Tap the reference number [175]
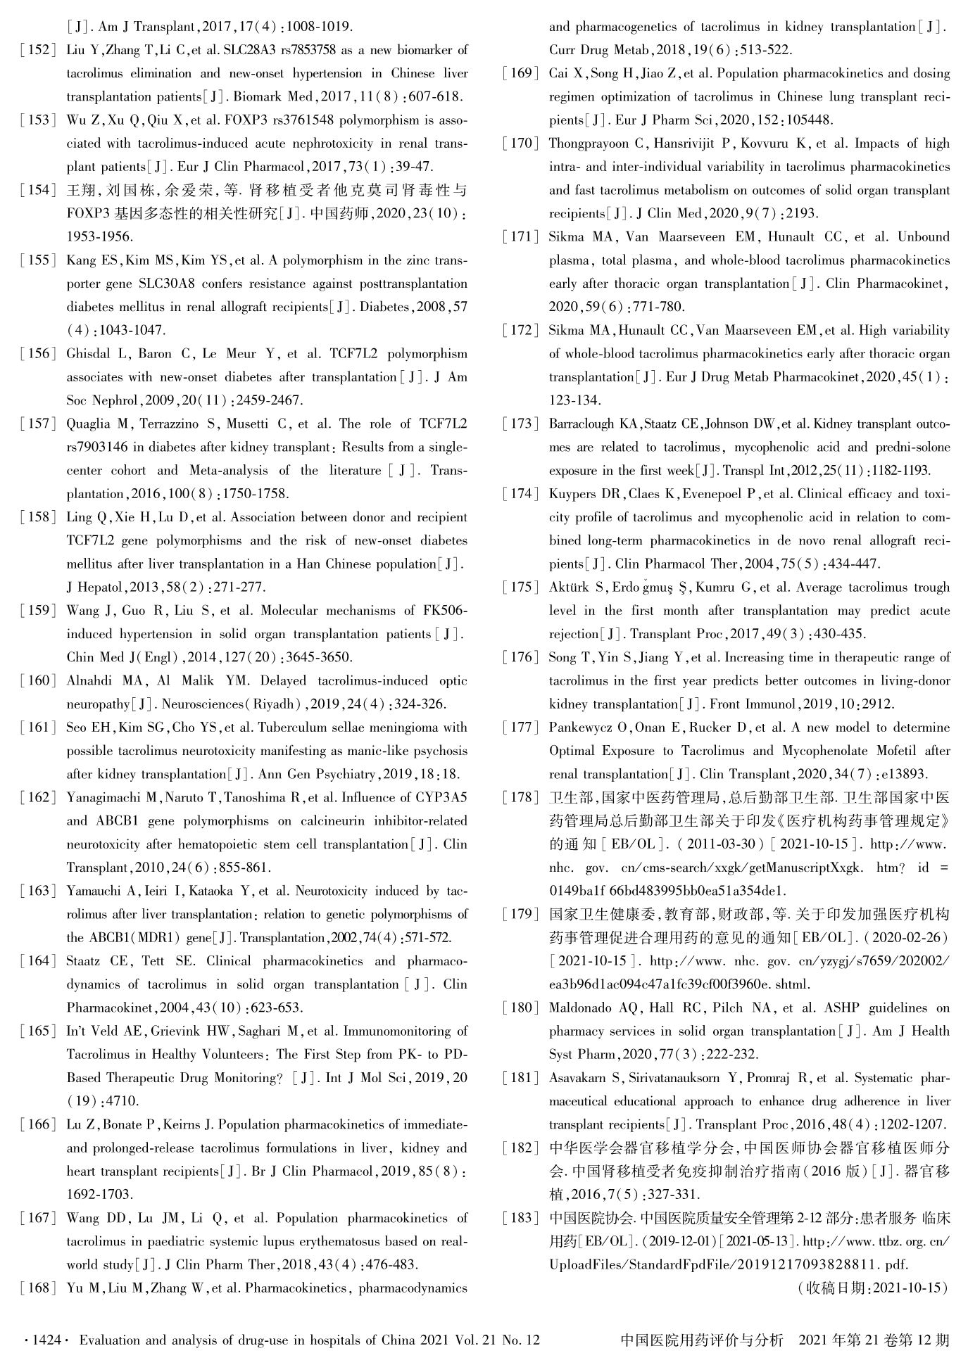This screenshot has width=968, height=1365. [520, 587]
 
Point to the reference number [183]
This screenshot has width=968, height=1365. [520, 1217]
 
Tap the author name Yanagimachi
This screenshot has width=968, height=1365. [109, 797]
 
